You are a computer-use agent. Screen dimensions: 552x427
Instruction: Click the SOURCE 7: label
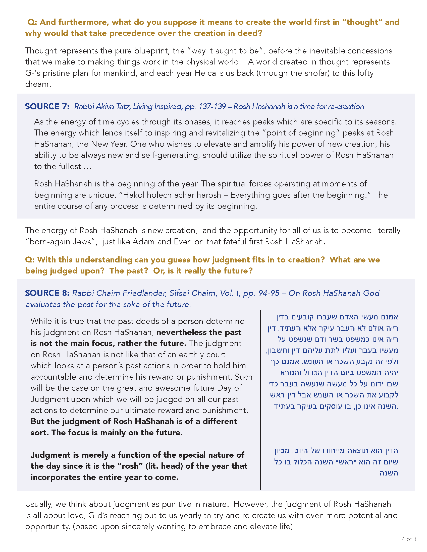[47, 106]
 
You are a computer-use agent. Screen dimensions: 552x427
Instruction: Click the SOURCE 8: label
[47, 293]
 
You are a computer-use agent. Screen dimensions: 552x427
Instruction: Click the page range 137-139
[212, 106]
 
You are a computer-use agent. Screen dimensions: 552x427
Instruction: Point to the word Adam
[143, 242]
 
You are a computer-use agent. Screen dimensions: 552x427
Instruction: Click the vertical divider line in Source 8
[260, 399]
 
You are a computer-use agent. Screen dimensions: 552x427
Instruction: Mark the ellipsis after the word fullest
[87, 167]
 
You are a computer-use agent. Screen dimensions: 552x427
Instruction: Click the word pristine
[57, 73]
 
